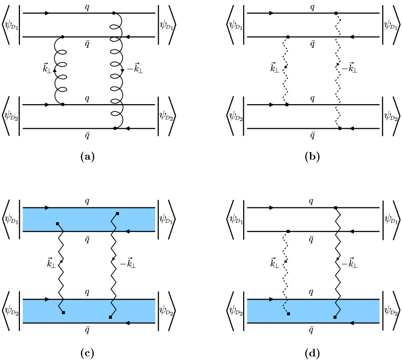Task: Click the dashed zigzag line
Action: [x=284, y=306]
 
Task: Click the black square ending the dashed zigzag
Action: [x=289, y=314]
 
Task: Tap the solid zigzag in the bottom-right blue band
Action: [x=338, y=308]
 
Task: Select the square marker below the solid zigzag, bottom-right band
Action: [x=335, y=317]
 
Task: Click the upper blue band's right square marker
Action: [x=118, y=214]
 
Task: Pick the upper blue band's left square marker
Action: [x=58, y=224]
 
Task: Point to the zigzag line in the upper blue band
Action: [x=113, y=223]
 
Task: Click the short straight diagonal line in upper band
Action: [x=61, y=228]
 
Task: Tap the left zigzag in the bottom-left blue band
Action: [x=60, y=306]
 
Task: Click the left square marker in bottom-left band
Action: [x=64, y=313]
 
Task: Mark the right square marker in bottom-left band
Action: [x=110, y=317]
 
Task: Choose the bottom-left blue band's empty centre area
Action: [x=87, y=311]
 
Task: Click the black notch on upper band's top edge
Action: [x=46, y=209]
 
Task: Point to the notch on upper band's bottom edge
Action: [x=127, y=230]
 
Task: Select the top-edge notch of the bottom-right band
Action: [x=271, y=301]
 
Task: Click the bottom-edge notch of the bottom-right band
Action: [x=352, y=322]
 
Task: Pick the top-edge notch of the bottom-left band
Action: [x=46, y=301]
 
